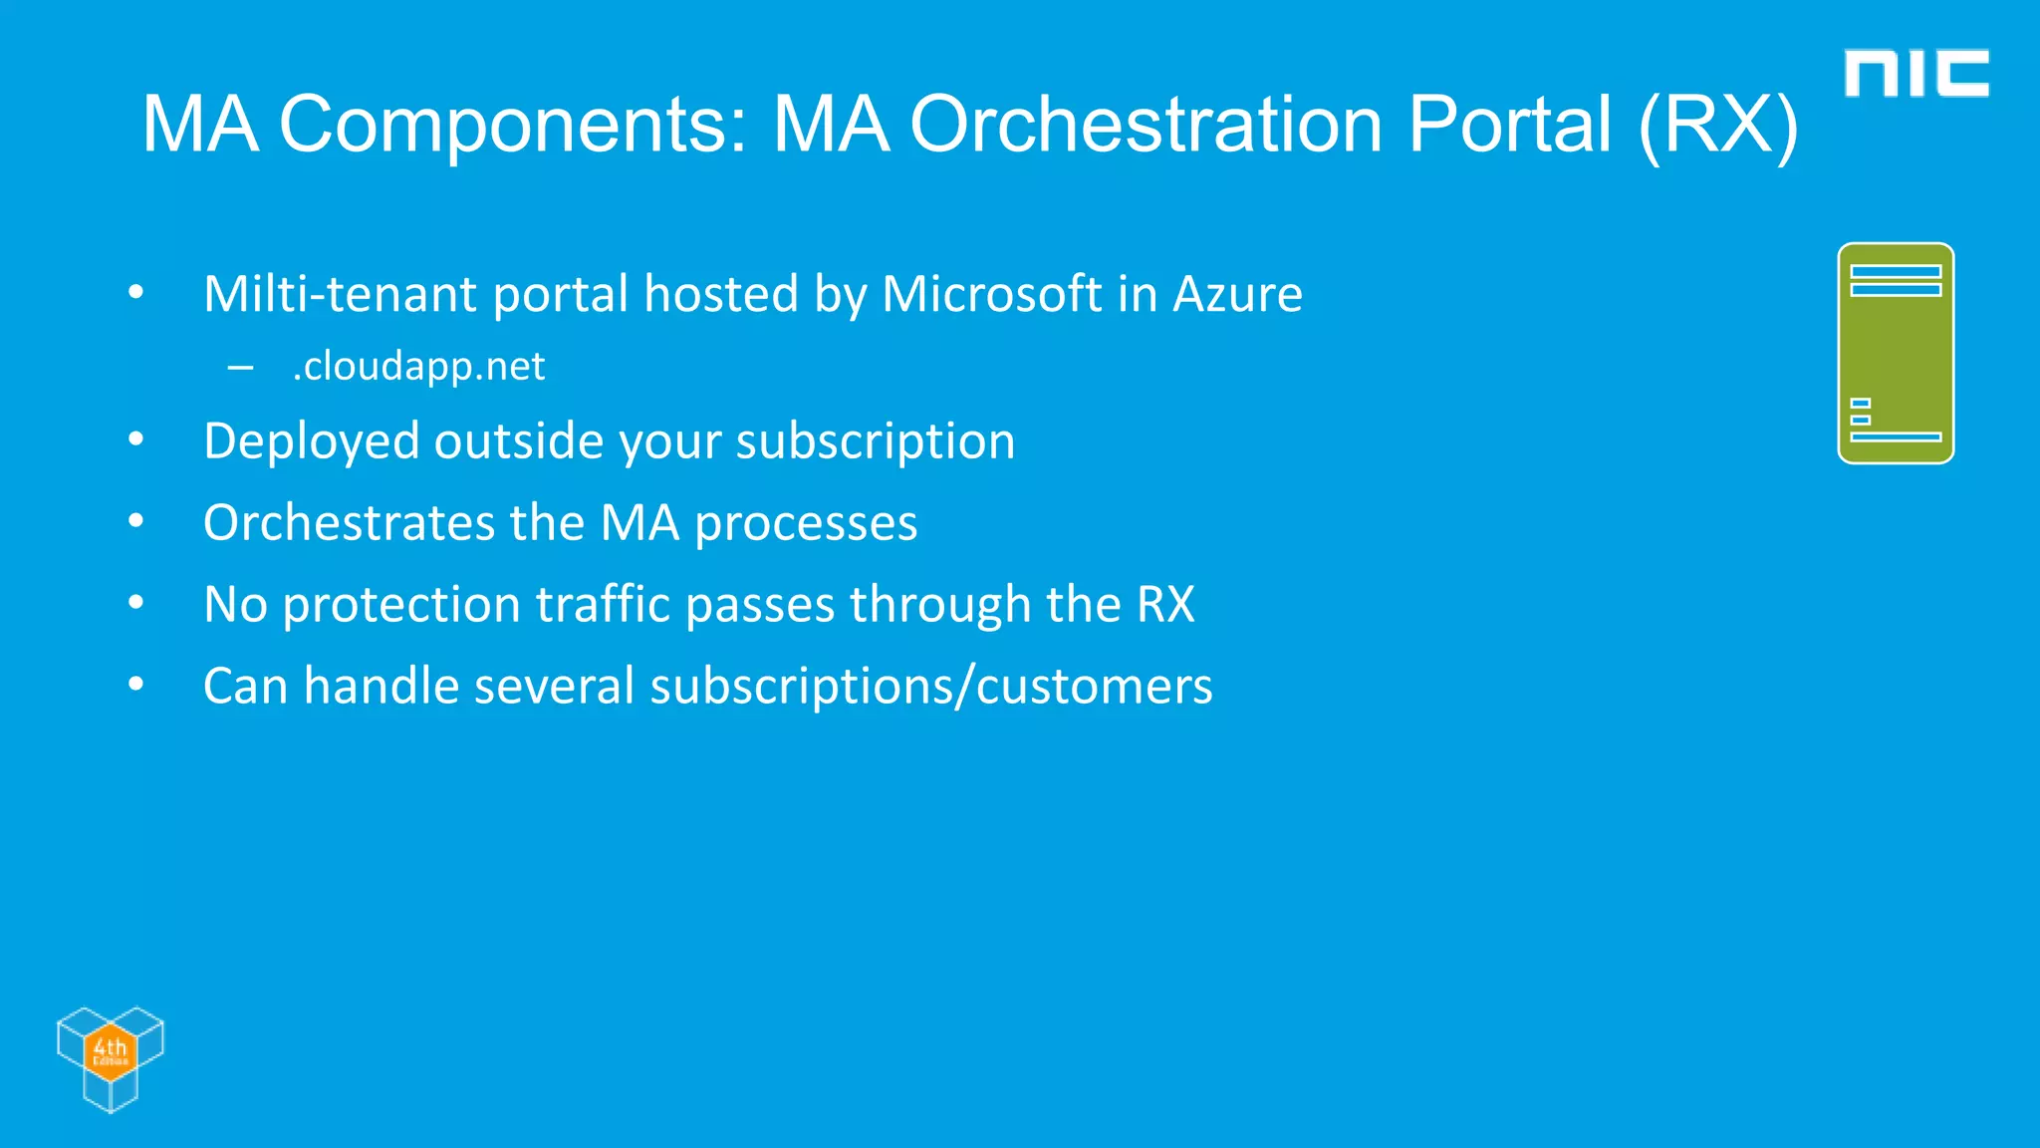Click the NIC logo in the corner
[1915, 74]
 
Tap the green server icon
[1895, 353]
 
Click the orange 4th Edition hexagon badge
[110, 1049]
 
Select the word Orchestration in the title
[1146, 125]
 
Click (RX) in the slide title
[1718, 125]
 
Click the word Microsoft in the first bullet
[991, 294]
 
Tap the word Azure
[1237, 294]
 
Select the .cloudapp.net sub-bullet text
[418, 367]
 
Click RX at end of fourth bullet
[1165, 605]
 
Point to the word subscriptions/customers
[930, 687]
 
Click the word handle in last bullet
[381, 687]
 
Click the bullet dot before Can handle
[136, 685]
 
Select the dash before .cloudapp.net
[240, 368]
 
